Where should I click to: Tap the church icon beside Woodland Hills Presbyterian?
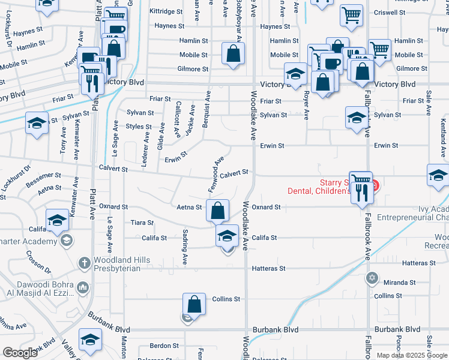pos(84,263)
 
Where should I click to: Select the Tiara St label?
pos(142,223)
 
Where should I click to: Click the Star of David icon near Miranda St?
pos(372,277)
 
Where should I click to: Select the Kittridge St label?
pos(166,11)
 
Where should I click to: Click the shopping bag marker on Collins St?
pos(194,304)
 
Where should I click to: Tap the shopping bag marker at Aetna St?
pos(217,210)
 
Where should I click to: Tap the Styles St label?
pos(138,127)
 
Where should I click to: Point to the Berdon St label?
pos(164,346)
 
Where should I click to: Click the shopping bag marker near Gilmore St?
pos(233,54)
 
